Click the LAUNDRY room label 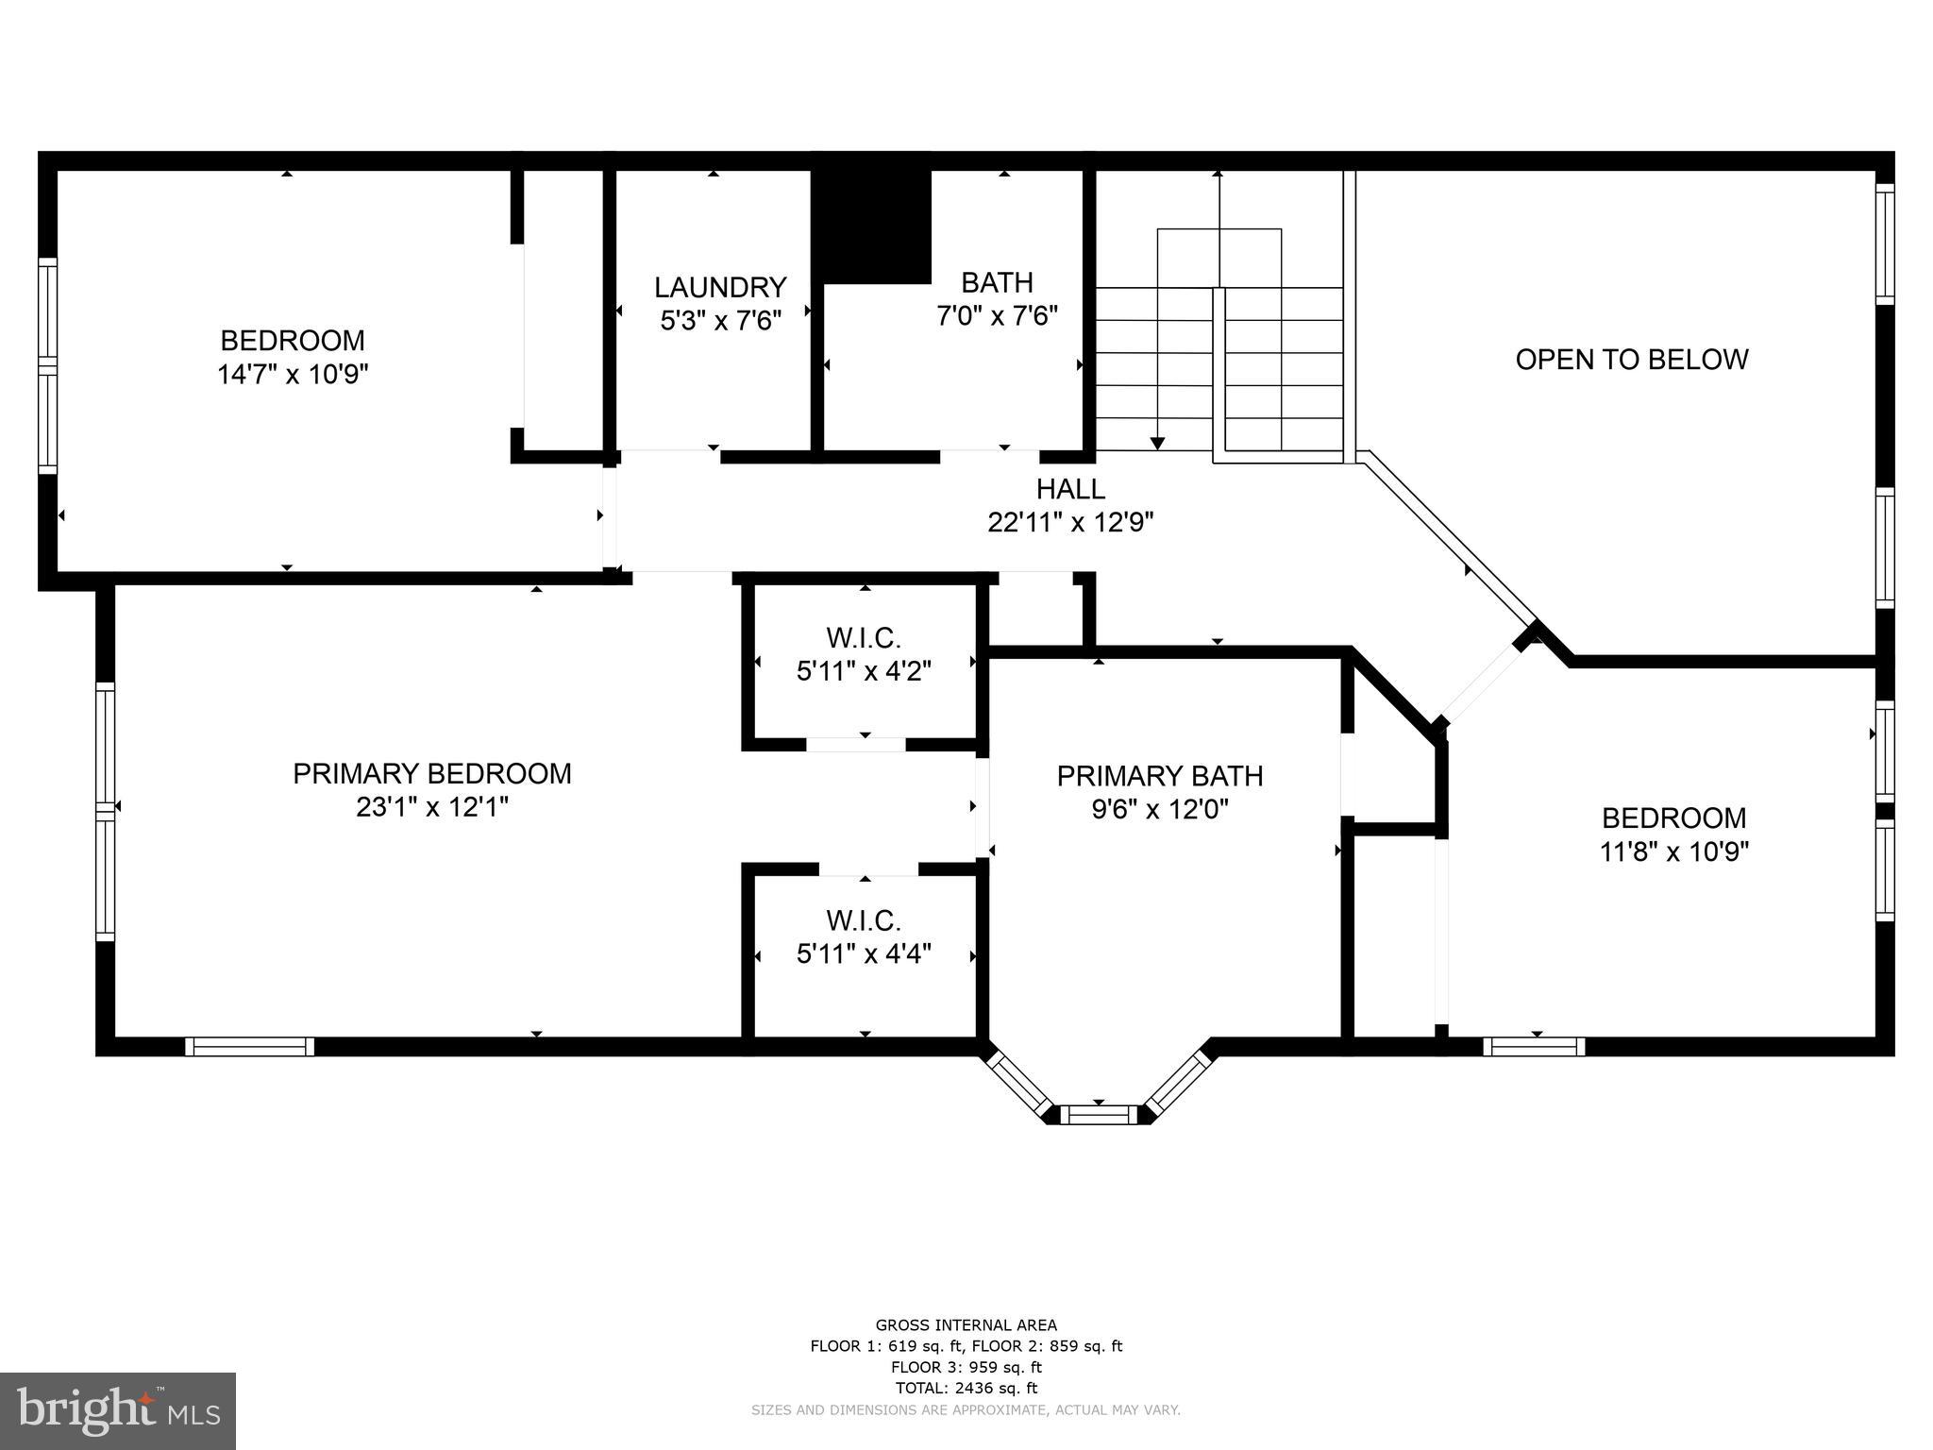(x=720, y=287)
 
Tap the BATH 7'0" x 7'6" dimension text (x=997, y=315)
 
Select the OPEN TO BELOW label (x=1632, y=360)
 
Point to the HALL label (x=1070, y=489)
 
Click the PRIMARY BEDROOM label (x=432, y=774)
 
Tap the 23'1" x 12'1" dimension (x=432, y=808)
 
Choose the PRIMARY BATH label (x=1160, y=776)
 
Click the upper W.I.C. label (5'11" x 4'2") (x=864, y=639)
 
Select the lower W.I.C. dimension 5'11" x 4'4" (x=864, y=954)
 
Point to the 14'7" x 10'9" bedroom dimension (x=293, y=375)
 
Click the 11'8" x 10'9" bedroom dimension (x=1674, y=852)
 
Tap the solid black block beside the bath (x=872, y=227)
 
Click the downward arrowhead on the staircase (x=1157, y=443)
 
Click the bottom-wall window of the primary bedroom (x=250, y=1046)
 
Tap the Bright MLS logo (x=118, y=1411)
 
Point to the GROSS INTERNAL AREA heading (x=966, y=1325)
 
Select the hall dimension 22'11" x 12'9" (x=1070, y=522)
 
